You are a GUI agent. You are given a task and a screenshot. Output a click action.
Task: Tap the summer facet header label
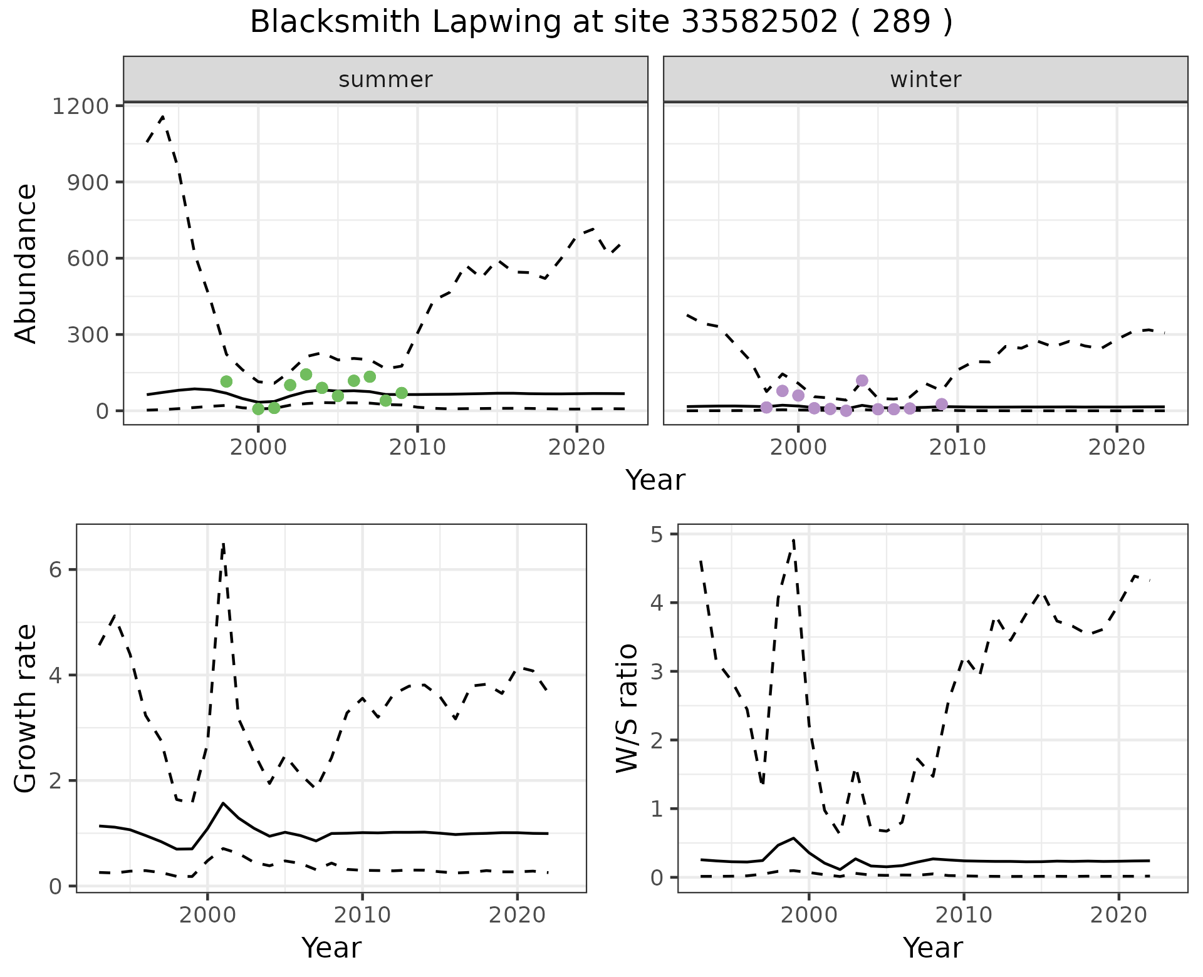tap(385, 80)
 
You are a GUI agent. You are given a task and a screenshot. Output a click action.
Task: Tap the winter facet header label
tap(925, 80)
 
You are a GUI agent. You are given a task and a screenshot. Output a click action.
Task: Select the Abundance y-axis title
tap(26, 264)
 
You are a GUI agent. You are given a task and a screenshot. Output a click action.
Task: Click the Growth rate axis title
tap(26, 708)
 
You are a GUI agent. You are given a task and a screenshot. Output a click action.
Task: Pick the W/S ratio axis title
tap(627, 708)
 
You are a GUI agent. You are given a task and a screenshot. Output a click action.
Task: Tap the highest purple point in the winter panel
tap(862, 380)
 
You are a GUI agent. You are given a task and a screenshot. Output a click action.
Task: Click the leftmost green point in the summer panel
tap(227, 381)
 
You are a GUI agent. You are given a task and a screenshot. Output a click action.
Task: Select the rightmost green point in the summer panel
tap(402, 393)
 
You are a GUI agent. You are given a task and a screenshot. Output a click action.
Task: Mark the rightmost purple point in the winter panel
tap(942, 404)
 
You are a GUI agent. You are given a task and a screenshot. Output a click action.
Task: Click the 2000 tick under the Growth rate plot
tap(207, 915)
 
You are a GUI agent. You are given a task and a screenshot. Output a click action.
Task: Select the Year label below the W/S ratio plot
tap(932, 948)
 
